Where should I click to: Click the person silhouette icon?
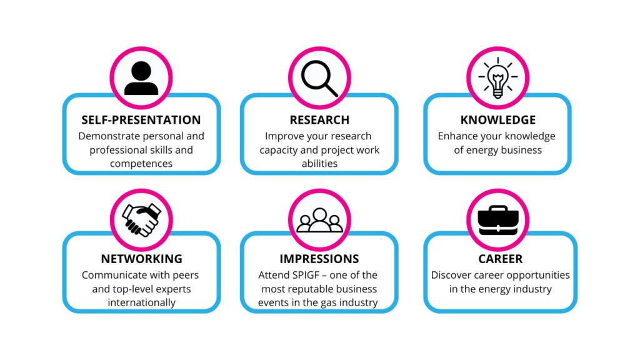coord(141,78)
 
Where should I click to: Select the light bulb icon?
coord(498,77)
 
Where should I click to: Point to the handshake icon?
coord(142,220)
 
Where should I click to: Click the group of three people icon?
coord(319,221)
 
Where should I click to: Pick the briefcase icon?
coord(498,221)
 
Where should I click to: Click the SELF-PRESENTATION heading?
coord(141,120)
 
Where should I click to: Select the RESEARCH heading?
coord(319,120)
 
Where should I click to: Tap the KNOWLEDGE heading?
coord(498,120)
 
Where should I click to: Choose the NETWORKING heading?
coord(142,259)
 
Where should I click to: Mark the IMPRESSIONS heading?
coord(319,259)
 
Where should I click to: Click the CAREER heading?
coord(501,259)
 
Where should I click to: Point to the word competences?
coord(141,164)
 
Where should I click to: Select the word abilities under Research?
coord(319,163)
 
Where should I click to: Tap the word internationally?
coord(142,302)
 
